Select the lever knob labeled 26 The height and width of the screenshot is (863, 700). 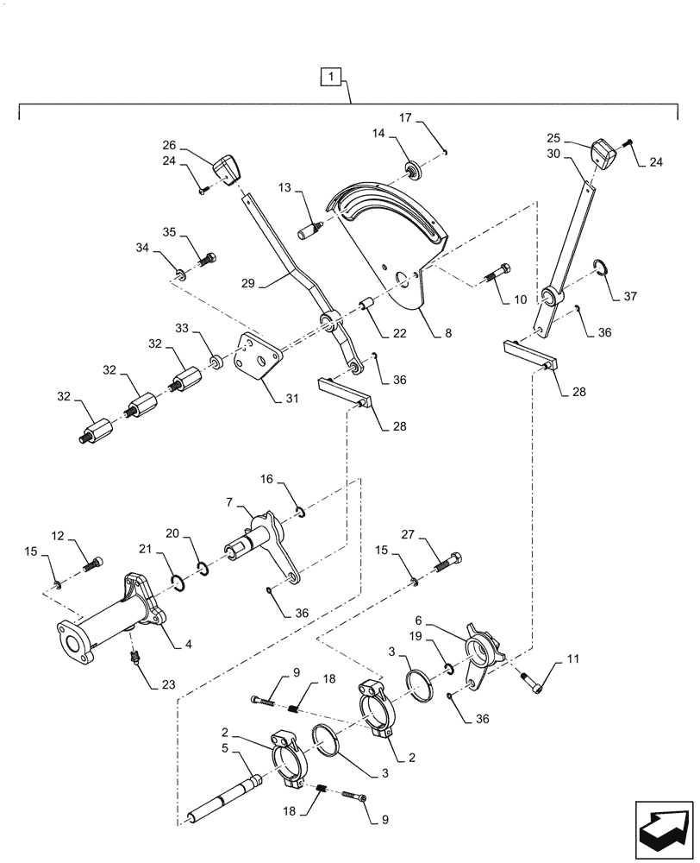(x=227, y=167)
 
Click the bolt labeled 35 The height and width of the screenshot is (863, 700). (x=208, y=257)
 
